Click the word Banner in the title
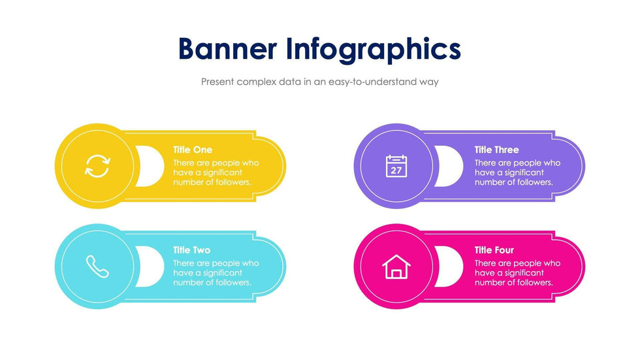tap(228, 48)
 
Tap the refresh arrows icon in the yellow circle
tap(97, 166)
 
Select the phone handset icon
tap(97, 267)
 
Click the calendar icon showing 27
tap(396, 166)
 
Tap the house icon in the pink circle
tap(396, 267)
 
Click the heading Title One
tap(193, 150)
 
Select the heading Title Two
tap(191, 250)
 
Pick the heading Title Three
tap(497, 150)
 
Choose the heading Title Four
tap(494, 250)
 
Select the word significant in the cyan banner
tap(223, 273)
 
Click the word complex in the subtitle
tap(256, 82)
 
